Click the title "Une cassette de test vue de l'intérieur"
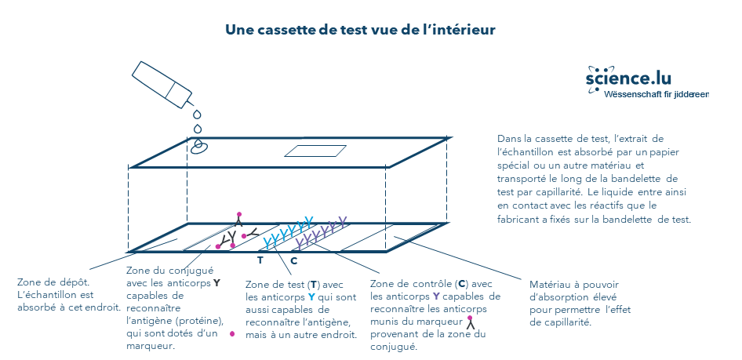coord(360,30)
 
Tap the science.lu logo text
coord(628,78)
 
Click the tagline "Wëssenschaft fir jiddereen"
coord(657,94)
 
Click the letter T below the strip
coord(260,260)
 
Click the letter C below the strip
coord(293,260)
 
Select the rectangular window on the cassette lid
coord(315,151)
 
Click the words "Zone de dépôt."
coord(53,282)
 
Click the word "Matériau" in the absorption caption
coord(548,284)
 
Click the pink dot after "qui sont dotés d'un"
coord(232,333)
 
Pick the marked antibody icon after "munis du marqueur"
coord(470,322)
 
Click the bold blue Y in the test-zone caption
coord(311,297)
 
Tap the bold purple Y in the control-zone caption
coord(436,296)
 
